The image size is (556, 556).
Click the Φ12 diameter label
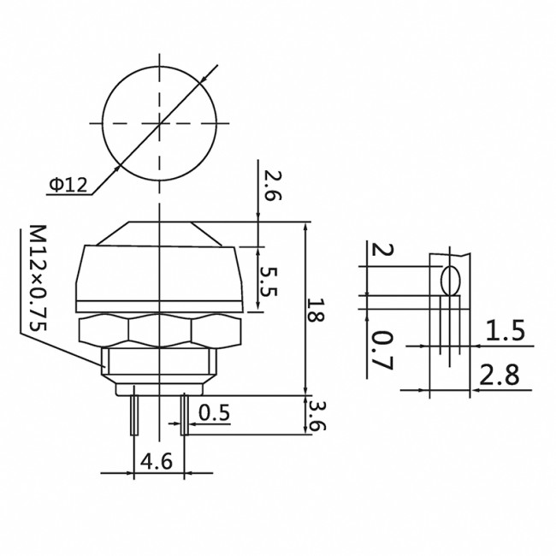[x=68, y=184]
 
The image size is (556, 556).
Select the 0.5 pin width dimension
[x=214, y=413]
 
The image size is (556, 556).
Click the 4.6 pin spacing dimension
[x=156, y=461]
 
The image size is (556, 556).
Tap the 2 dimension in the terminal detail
[x=382, y=251]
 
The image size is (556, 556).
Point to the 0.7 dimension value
[x=382, y=351]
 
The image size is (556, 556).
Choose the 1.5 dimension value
[x=507, y=331]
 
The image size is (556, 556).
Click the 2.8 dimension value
[x=506, y=376]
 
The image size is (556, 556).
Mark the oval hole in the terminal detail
[x=451, y=281]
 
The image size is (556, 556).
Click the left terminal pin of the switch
[x=135, y=414]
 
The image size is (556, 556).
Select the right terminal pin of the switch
[x=184, y=414]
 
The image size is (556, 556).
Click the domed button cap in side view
[x=160, y=269]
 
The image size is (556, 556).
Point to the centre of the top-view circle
[x=160, y=125]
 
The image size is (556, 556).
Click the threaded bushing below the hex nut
[x=160, y=363]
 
